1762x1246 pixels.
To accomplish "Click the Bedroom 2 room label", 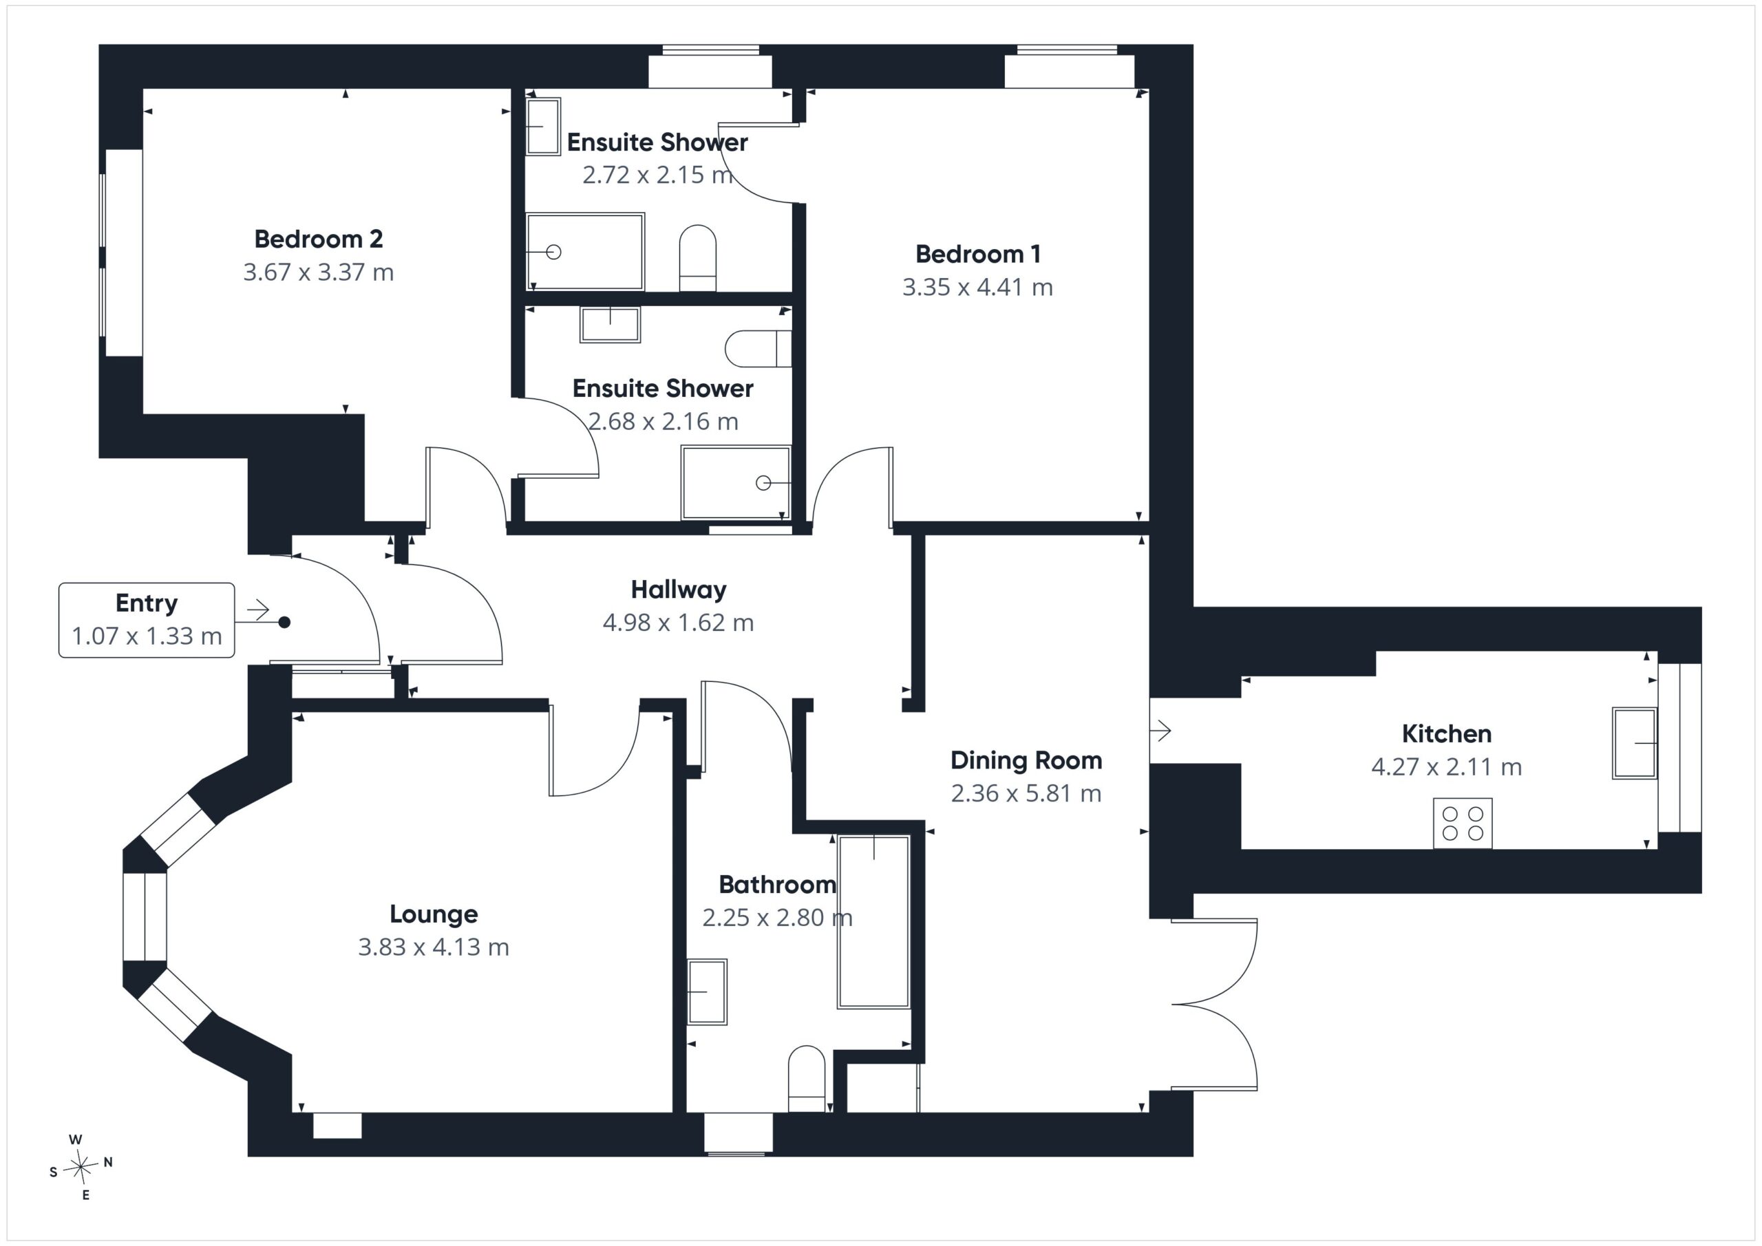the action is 319,239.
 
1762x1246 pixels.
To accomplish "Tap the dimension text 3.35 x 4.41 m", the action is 977,287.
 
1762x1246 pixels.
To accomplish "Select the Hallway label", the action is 679,590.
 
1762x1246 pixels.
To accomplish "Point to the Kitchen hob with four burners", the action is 1463,824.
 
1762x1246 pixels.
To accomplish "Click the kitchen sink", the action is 1634,742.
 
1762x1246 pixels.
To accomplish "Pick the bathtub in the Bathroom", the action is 873,921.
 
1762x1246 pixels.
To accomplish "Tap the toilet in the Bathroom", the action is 807,1078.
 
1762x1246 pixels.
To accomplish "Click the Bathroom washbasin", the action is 706,991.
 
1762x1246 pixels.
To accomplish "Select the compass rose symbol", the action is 80,1168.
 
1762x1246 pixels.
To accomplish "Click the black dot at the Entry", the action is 284,622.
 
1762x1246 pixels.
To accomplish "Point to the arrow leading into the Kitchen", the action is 1160,731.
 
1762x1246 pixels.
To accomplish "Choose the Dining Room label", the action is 1026,760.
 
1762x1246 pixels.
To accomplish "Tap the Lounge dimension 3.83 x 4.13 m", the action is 434,947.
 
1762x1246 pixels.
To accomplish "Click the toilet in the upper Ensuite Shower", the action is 698,258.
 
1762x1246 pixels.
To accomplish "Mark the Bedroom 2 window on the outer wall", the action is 123,253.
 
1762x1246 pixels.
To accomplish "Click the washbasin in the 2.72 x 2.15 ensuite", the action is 543,127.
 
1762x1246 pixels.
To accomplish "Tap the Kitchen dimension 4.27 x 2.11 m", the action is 1447,766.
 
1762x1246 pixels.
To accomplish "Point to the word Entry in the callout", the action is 147,604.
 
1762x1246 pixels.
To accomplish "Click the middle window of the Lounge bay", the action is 145,917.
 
